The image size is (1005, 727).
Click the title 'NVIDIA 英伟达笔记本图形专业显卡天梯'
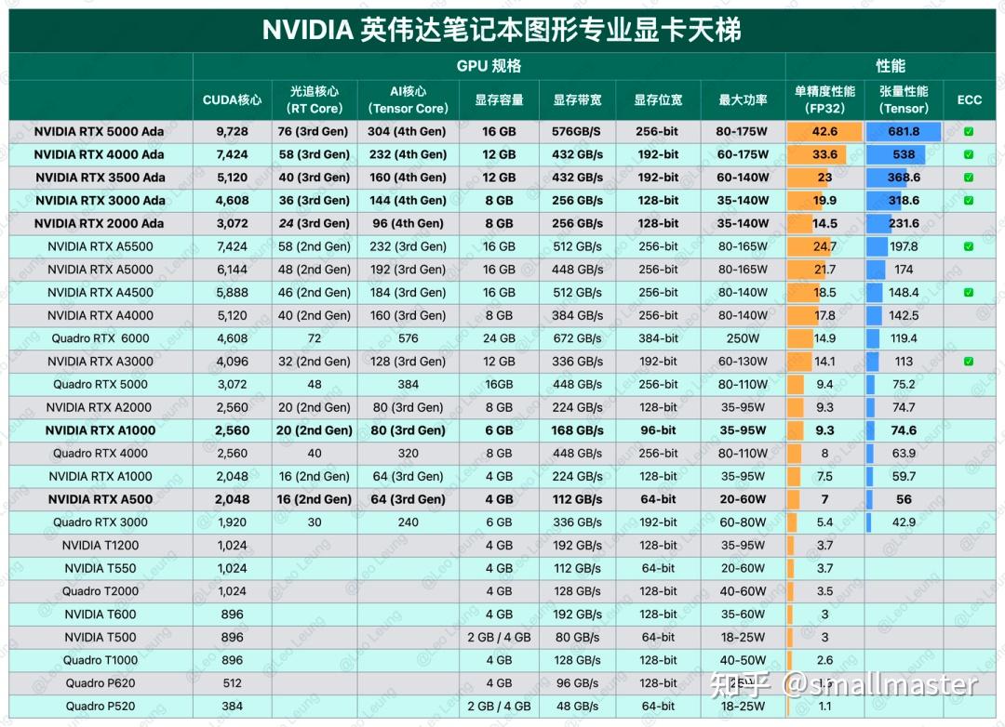pyautogui.click(x=502, y=30)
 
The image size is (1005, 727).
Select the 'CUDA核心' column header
pyautogui.click(x=232, y=100)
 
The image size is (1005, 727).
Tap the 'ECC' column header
pyautogui.click(x=969, y=100)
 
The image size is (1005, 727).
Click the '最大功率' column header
pyautogui.click(x=743, y=100)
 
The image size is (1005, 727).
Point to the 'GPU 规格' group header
pyautogui.click(x=489, y=66)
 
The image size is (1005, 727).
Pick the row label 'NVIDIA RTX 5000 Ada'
pyautogui.click(x=99, y=132)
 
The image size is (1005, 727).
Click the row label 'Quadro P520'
pyautogui.click(x=100, y=707)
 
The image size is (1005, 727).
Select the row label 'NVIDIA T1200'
pyautogui.click(x=100, y=546)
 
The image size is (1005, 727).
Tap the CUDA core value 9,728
pyautogui.click(x=232, y=132)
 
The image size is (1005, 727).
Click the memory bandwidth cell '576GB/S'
pyautogui.click(x=577, y=132)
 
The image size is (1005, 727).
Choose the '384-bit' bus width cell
pyautogui.click(x=658, y=338)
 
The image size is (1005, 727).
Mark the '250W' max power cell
pyautogui.click(x=743, y=338)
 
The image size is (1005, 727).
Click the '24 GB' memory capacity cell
pyautogui.click(x=499, y=338)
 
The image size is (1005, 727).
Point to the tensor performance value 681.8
pyautogui.click(x=903, y=132)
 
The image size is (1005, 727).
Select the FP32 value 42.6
pyautogui.click(x=824, y=132)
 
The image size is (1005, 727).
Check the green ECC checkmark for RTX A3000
pyautogui.click(x=969, y=362)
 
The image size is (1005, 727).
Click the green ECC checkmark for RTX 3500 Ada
pyautogui.click(x=969, y=178)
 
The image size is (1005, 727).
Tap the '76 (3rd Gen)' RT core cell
pyautogui.click(x=315, y=132)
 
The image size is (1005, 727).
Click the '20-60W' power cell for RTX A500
pyautogui.click(x=743, y=499)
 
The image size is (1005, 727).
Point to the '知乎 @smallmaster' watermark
pyautogui.click(x=843, y=686)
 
